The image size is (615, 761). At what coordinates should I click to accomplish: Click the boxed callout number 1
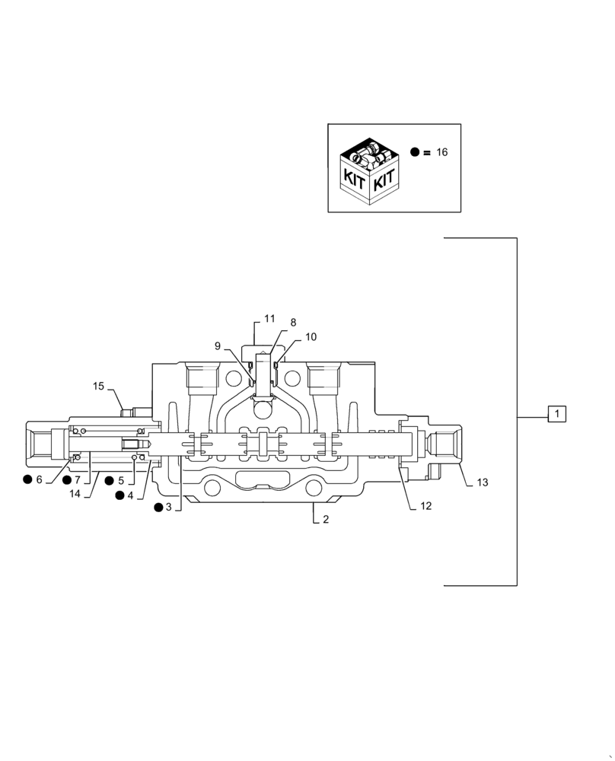pyautogui.click(x=557, y=414)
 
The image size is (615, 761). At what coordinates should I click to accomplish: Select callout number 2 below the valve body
pyautogui.click(x=326, y=521)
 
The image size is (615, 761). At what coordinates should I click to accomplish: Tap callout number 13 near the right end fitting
pyautogui.click(x=483, y=482)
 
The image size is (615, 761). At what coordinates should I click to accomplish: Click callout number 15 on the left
pyautogui.click(x=99, y=387)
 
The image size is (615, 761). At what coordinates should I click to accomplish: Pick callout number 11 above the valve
pyautogui.click(x=269, y=318)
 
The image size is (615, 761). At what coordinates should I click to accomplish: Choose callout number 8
pyautogui.click(x=293, y=323)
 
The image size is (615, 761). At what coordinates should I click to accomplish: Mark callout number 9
pyautogui.click(x=218, y=346)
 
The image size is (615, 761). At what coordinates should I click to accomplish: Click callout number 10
pyautogui.click(x=311, y=336)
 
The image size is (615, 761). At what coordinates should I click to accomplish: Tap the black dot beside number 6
pyautogui.click(x=27, y=479)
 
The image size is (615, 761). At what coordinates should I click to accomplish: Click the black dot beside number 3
pyautogui.click(x=158, y=507)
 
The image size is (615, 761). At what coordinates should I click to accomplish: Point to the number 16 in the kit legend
pyautogui.click(x=442, y=152)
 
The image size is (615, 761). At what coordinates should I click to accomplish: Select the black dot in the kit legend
pyautogui.click(x=415, y=152)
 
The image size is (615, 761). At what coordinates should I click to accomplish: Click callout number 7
pyautogui.click(x=77, y=481)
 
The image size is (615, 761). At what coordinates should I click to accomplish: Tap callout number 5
pyautogui.click(x=120, y=481)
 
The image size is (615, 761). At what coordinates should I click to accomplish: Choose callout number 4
pyautogui.click(x=131, y=495)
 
